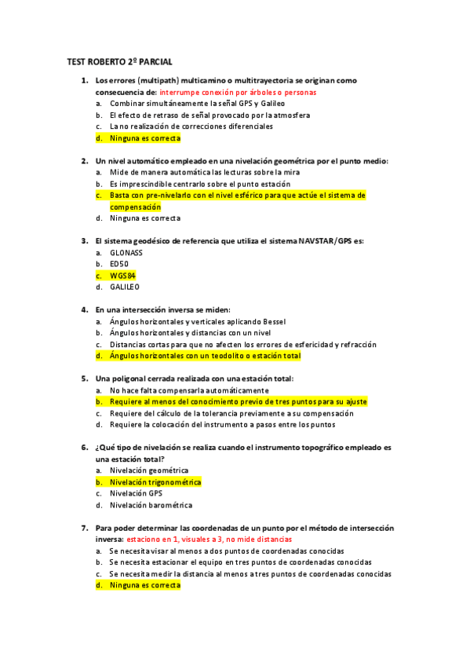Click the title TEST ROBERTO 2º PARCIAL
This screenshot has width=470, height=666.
click(x=119, y=61)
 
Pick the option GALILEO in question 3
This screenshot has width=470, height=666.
click(x=125, y=287)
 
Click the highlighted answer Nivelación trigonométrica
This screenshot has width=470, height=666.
click(x=155, y=482)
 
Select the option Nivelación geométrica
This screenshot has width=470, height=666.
click(x=149, y=470)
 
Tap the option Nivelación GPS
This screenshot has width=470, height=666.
click(x=137, y=493)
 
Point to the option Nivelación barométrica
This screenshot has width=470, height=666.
click(x=151, y=505)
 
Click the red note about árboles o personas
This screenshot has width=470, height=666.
click(x=237, y=92)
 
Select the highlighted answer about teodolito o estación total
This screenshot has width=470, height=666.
click(x=205, y=356)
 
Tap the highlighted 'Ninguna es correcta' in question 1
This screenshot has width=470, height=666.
click(x=145, y=137)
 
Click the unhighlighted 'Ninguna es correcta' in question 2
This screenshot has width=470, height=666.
click(x=145, y=218)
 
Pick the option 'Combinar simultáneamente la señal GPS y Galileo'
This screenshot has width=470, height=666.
click(x=197, y=103)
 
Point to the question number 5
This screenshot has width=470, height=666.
click(x=85, y=379)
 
